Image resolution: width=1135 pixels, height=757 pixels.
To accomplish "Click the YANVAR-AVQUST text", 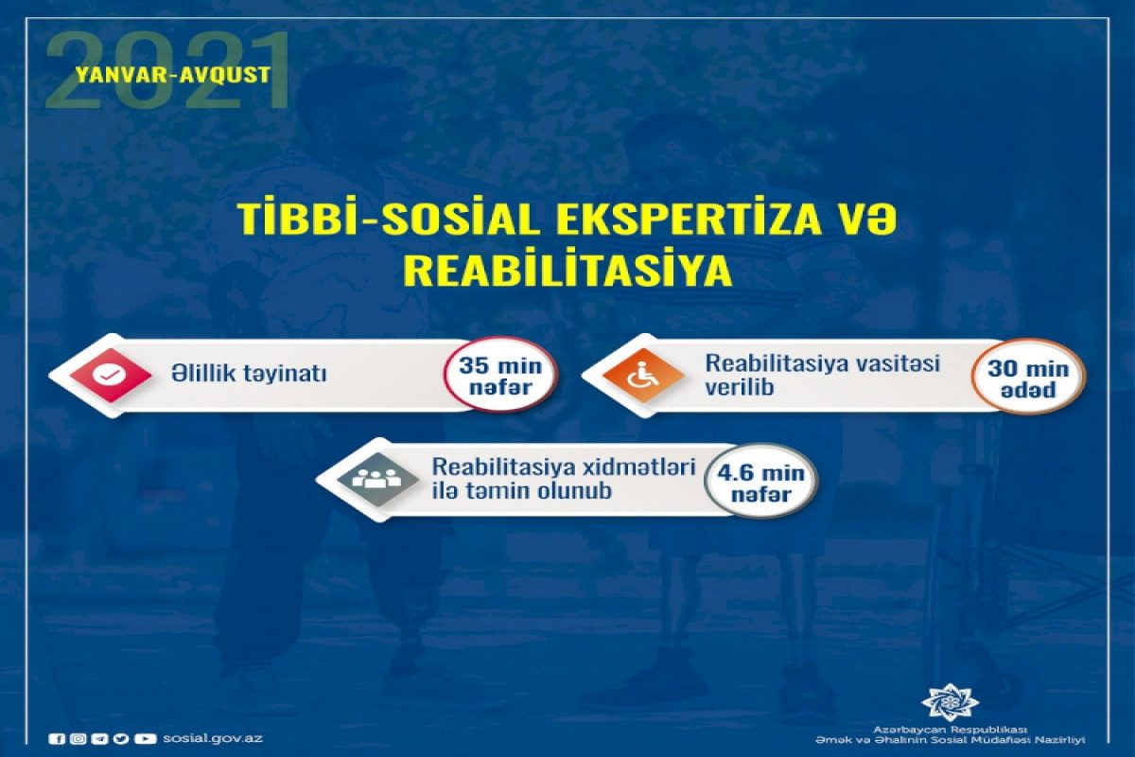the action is tap(173, 75).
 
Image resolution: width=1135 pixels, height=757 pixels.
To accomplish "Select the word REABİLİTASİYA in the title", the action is tap(567, 272).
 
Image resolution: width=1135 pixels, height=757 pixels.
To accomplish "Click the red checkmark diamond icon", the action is tap(111, 376).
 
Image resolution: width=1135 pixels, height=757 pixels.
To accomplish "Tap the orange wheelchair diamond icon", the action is tap(643, 376).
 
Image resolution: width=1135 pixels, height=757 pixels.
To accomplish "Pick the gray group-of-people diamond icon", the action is tap(377, 479).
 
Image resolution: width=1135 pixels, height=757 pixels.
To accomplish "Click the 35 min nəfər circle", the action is tap(500, 376).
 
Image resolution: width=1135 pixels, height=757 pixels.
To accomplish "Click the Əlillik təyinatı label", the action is tap(249, 374).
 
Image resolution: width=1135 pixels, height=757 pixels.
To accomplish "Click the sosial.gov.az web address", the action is tap(213, 738).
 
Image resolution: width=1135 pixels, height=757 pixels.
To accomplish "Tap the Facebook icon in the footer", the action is tap(56, 739).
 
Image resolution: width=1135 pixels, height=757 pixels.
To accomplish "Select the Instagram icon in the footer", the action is tap(78, 739).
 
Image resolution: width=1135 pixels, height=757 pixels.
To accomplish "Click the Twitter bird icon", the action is tap(121, 739).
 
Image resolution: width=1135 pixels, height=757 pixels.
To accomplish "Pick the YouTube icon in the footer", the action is tap(146, 739).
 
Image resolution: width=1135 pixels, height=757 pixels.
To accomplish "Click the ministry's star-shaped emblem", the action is tap(950, 703).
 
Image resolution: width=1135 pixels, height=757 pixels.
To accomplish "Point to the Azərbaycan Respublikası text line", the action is tap(950, 731).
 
